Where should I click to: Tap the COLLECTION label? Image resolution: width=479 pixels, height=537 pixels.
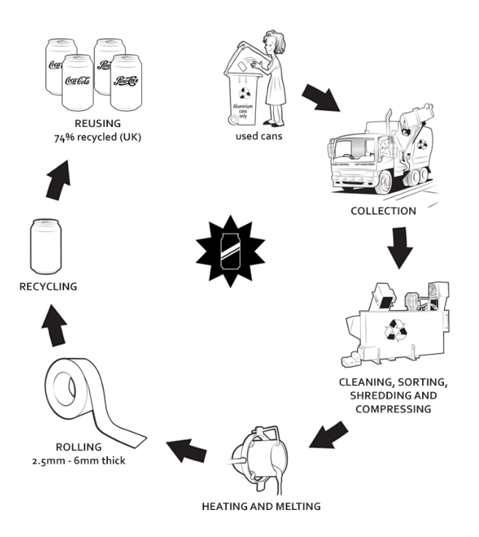coord(382,212)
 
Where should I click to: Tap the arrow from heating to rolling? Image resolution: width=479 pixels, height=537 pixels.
coord(187,445)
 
